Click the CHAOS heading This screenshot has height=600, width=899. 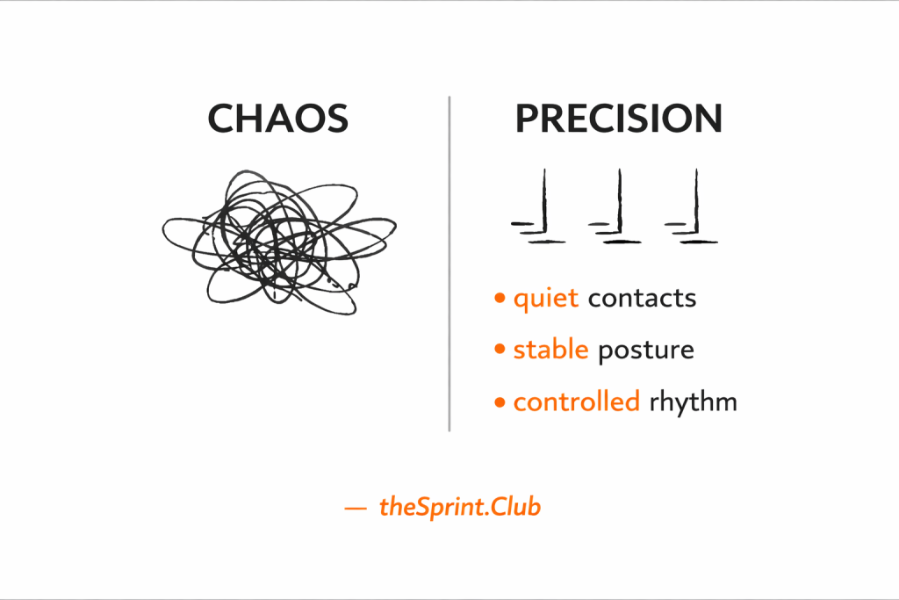(x=277, y=119)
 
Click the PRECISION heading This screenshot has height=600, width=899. (x=618, y=119)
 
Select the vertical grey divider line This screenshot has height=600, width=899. (x=449, y=264)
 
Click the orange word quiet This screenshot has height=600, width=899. (x=545, y=299)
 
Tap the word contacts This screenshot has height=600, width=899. (x=642, y=299)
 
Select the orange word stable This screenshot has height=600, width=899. (x=550, y=350)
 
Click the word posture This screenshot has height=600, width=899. (x=645, y=351)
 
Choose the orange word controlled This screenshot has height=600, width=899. (x=576, y=402)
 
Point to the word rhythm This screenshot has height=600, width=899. (x=693, y=403)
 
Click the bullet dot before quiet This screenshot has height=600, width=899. (x=500, y=299)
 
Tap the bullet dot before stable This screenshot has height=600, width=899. (x=500, y=351)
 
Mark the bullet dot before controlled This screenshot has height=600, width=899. (x=500, y=403)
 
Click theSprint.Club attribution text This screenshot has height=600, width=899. (x=460, y=507)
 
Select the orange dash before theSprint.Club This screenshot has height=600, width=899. (x=356, y=508)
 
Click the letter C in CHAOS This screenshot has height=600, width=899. (x=223, y=119)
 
